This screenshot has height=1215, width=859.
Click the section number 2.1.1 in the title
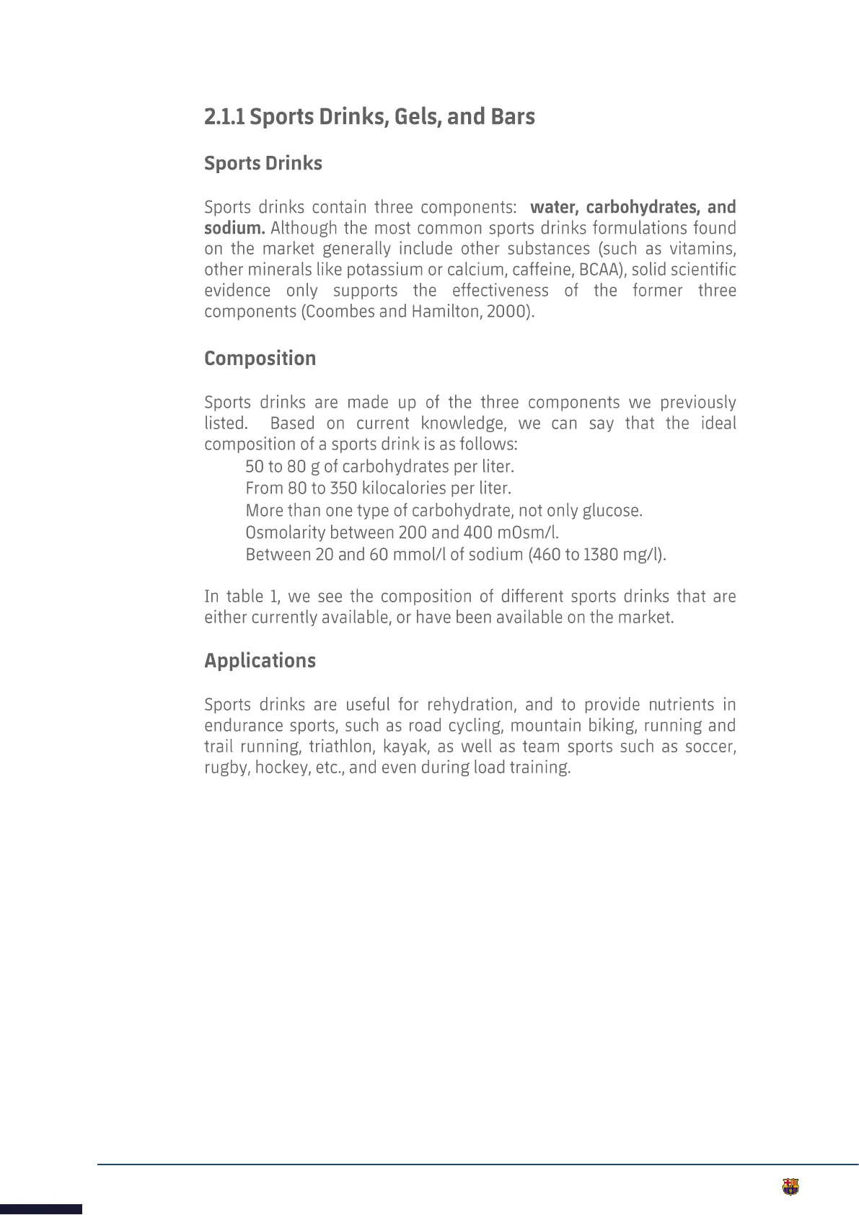point(224,117)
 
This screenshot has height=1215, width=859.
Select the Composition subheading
point(260,359)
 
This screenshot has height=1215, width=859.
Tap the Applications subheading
point(260,661)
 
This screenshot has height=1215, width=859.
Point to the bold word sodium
point(234,228)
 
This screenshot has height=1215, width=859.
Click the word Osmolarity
point(285,533)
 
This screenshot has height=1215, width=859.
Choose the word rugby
point(226,768)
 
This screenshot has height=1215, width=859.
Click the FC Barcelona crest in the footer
point(790,1188)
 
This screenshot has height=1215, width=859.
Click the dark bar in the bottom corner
point(40,1209)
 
